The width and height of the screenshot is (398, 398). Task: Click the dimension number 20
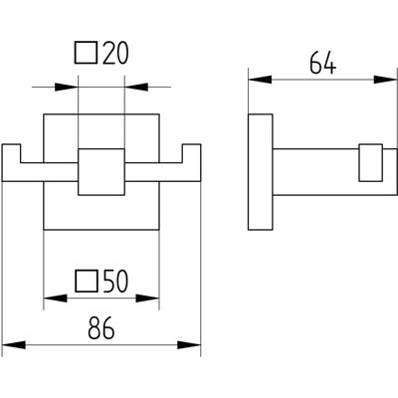(115, 53)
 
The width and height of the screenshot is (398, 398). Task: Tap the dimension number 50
(115, 282)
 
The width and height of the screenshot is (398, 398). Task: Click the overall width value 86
(101, 328)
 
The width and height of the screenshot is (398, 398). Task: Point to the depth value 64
(322, 63)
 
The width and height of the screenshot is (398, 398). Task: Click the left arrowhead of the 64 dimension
(261, 80)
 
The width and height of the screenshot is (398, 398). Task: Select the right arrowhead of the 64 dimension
(385, 80)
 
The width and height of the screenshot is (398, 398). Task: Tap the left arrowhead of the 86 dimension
(14, 345)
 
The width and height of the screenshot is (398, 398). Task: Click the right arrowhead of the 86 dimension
(189, 345)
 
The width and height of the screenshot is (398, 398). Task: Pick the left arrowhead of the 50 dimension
(56, 298)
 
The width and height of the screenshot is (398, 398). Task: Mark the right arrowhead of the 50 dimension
(147, 298)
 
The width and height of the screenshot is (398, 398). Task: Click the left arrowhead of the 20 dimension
(66, 87)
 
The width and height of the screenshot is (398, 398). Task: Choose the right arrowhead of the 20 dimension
(136, 87)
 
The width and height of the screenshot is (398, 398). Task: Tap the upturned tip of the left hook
(11, 144)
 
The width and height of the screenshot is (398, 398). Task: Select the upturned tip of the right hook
(191, 144)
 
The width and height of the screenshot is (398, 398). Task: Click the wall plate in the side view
(261, 172)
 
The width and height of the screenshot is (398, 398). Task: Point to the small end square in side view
(371, 163)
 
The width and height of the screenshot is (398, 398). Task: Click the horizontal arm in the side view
(335, 172)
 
